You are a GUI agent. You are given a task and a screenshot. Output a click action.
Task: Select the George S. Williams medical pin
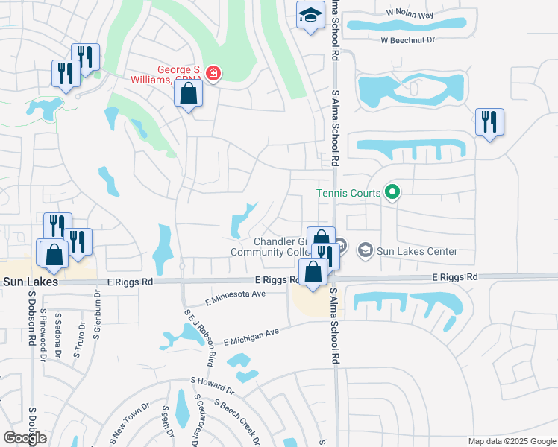click(x=213, y=73)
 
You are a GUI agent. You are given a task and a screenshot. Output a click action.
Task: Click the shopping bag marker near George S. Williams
click(x=189, y=95)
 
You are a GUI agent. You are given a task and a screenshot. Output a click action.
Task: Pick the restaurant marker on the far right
click(x=489, y=122)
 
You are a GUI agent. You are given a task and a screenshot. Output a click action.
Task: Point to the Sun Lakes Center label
click(x=417, y=250)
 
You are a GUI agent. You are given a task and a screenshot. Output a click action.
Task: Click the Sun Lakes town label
click(x=27, y=282)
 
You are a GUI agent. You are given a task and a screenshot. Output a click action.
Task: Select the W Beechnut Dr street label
click(x=407, y=40)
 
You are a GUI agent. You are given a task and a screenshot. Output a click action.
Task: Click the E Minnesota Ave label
click(x=236, y=297)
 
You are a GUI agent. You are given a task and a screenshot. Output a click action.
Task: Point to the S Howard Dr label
click(x=213, y=385)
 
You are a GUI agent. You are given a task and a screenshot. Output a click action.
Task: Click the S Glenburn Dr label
click(x=97, y=314)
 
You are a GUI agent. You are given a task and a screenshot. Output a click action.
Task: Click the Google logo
click(x=25, y=438)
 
